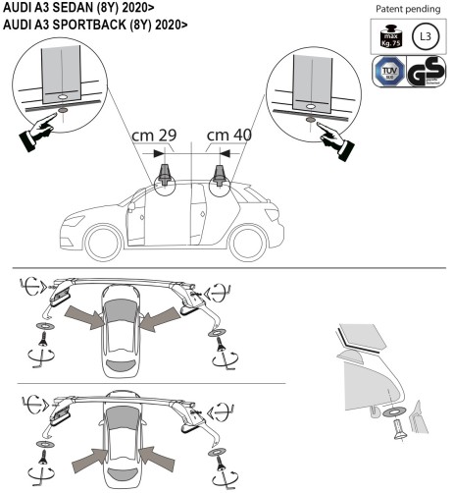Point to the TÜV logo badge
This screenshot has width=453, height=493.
[x=391, y=75]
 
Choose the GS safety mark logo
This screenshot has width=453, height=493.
[x=427, y=75]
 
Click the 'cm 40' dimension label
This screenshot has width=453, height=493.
[x=227, y=135]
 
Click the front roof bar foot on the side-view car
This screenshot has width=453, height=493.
[x=164, y=176]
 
